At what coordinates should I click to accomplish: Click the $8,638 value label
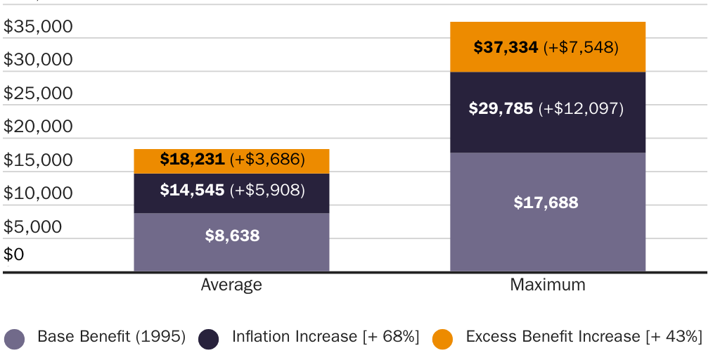point(232,236)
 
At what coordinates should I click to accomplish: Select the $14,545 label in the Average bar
point(192,190)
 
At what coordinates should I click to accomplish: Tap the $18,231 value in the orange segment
point(192,160)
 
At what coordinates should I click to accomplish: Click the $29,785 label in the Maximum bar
point(501,109)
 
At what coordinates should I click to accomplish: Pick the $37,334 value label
point(506,47)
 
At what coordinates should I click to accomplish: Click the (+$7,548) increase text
point(581,47)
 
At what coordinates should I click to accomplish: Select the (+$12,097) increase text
point(581,109)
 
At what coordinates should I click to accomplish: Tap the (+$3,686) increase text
point(267,160)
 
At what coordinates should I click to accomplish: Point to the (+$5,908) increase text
point(267,190)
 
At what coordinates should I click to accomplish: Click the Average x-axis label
point(231,285)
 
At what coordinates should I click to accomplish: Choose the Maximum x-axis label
point(547,285)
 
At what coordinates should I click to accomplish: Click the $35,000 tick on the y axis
point(38,27)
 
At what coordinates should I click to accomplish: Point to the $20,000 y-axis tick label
point(38,127)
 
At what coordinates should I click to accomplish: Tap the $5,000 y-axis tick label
point(32,227)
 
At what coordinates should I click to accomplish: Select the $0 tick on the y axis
point(13,254)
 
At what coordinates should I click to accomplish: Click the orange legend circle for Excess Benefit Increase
point(442,339)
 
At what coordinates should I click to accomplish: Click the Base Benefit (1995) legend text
point(111,337)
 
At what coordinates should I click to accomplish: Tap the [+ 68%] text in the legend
point(391,337)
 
